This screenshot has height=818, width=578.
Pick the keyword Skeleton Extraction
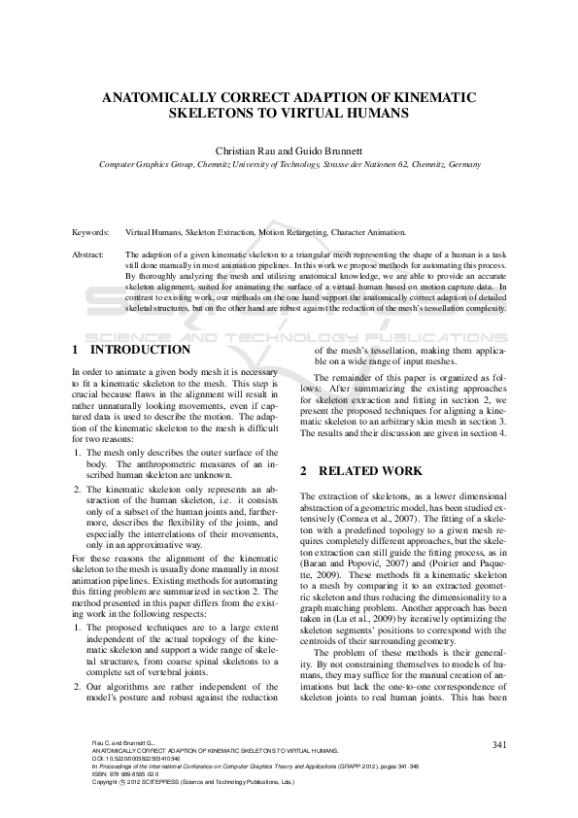pyautogui.click(x=217, y=233)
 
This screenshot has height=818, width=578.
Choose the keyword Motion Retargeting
pyautogui.click(x=294, y=233)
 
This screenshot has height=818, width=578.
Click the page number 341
pyautogui.click(x=500, y=743)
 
